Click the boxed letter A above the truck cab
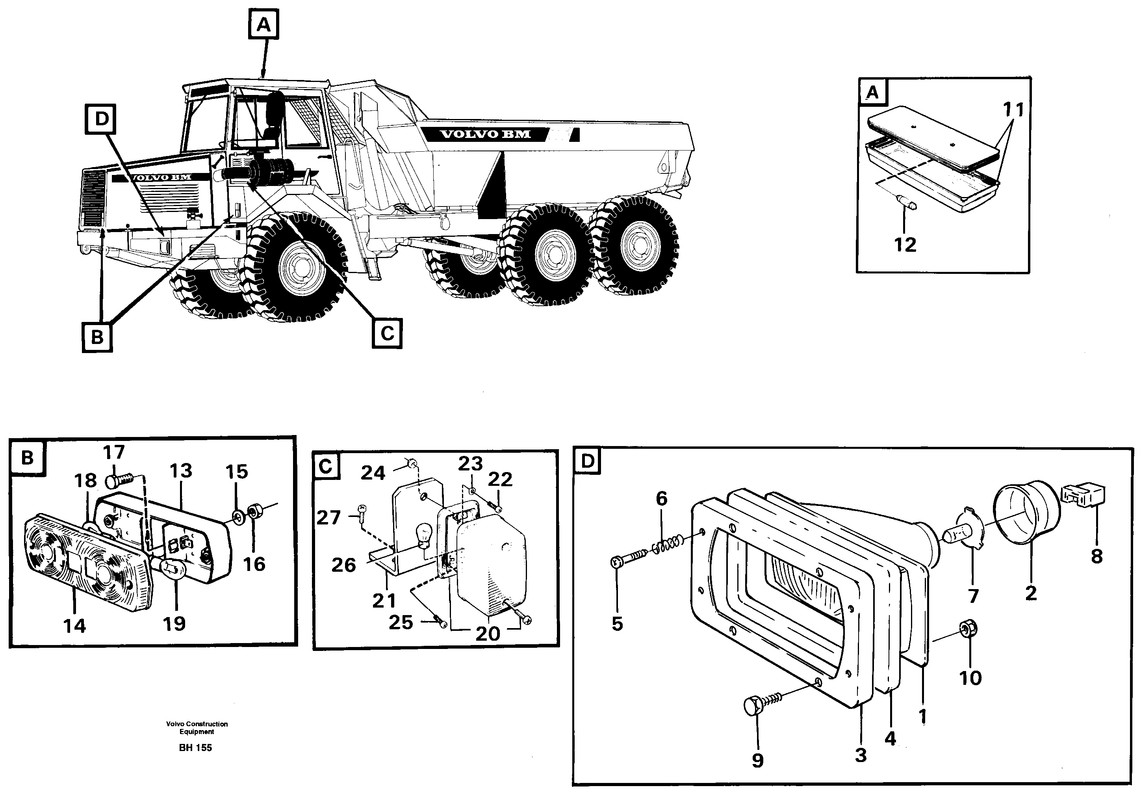pyautogui.click(x=263, y=24)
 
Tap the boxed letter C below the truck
pyautogui.click(x=387, y=333)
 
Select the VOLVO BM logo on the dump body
pyautogui.click(x=486, y=134)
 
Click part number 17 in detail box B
pyautogui.click(x=113, y=453)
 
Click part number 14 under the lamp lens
pyautogui.click(x=74, y=626)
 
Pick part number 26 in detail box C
pyautogui.click(x=343, y=565)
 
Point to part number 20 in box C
pyautogui.click(x=488, y=634)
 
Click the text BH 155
pyautogui.click(x=195, y=747)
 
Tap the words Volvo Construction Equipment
pyautogui.click(x=197, y=727)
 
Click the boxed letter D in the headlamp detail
pyautogui.click(x=587, y=461)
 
